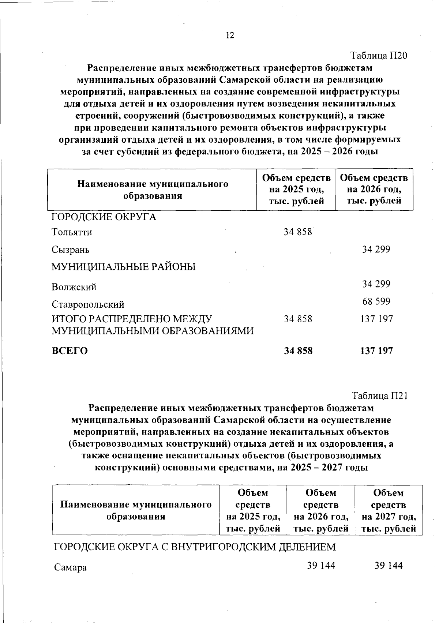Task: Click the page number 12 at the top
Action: [230, 35]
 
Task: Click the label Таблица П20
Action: [379, 56]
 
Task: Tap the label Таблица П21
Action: [379, 396]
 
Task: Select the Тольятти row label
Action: [72, 232]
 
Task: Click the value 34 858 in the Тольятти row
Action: [298, 232]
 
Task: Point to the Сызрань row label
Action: [70, 250]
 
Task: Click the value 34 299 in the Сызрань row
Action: [376, 249]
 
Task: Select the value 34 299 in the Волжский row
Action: [376, 284]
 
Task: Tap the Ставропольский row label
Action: [88, 304]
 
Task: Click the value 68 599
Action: [376, 301]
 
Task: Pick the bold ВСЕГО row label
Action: [70, 351]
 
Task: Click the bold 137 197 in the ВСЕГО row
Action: [376, 351]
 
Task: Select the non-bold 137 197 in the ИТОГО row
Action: [376, 319]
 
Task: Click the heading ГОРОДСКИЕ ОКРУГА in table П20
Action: [104, 217]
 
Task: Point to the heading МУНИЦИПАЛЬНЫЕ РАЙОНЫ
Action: [123, 267]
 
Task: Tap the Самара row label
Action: [70, 568]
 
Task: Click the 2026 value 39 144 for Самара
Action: [321, 566]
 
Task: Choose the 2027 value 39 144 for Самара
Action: [388, 566]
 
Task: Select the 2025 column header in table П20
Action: [296, 189]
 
